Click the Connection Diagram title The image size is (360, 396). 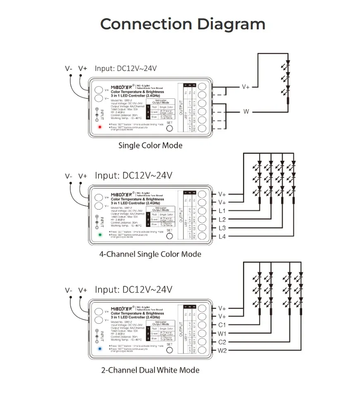183,24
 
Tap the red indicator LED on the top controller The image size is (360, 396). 99,127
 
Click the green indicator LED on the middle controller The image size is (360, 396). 99,235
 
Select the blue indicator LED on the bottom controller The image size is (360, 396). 100,348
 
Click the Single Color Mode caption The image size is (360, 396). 150,146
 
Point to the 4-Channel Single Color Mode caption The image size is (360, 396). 150,254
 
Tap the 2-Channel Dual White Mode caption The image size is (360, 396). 150,370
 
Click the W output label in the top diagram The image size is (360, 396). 246,112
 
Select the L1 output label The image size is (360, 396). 222,211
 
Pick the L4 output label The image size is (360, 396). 222,236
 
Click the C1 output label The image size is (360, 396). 222,325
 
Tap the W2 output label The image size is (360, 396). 222,351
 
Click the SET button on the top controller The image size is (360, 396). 169,128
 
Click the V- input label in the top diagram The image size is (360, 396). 69,69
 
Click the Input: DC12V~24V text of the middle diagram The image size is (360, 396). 134,176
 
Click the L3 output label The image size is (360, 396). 222,228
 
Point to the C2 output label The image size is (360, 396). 222,342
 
